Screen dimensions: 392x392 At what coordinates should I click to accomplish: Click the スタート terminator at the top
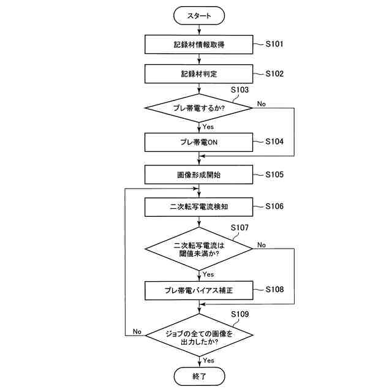tap(199, 16)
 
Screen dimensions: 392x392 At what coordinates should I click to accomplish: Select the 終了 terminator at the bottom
tap(199, 375)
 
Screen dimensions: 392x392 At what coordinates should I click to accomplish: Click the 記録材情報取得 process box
tap(199, 45)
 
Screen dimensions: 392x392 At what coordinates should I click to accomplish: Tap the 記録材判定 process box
tap(199, 74)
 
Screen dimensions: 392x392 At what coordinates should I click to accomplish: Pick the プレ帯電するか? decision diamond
tap(199, 108)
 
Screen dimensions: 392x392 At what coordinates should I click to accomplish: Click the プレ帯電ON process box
tap(199, 142)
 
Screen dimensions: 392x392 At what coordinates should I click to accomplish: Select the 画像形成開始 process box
tap(199, 175)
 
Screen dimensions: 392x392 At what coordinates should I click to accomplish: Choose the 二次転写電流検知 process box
tap(199, 207)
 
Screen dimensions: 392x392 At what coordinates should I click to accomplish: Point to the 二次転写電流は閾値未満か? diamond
tap(199, 249)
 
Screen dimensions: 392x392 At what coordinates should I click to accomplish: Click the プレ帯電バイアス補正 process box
tap(199, 290)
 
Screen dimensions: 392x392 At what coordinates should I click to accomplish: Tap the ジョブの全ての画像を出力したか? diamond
tap(199, 337)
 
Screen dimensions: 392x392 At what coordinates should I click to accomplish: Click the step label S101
tap(274, 44)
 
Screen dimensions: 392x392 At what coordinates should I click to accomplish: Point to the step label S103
tap(239, 89)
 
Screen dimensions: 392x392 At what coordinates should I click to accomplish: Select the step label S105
tap(274, 175)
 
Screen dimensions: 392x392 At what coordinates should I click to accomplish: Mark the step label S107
tap(239, 227)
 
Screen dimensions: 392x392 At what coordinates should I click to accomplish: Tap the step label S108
tap(274, 289)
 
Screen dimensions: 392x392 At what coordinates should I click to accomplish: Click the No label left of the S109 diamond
tap(137, 331)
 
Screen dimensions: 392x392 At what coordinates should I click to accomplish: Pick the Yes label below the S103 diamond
tap(208, 127)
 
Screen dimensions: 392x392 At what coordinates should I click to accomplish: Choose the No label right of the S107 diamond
tap(262, 245)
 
